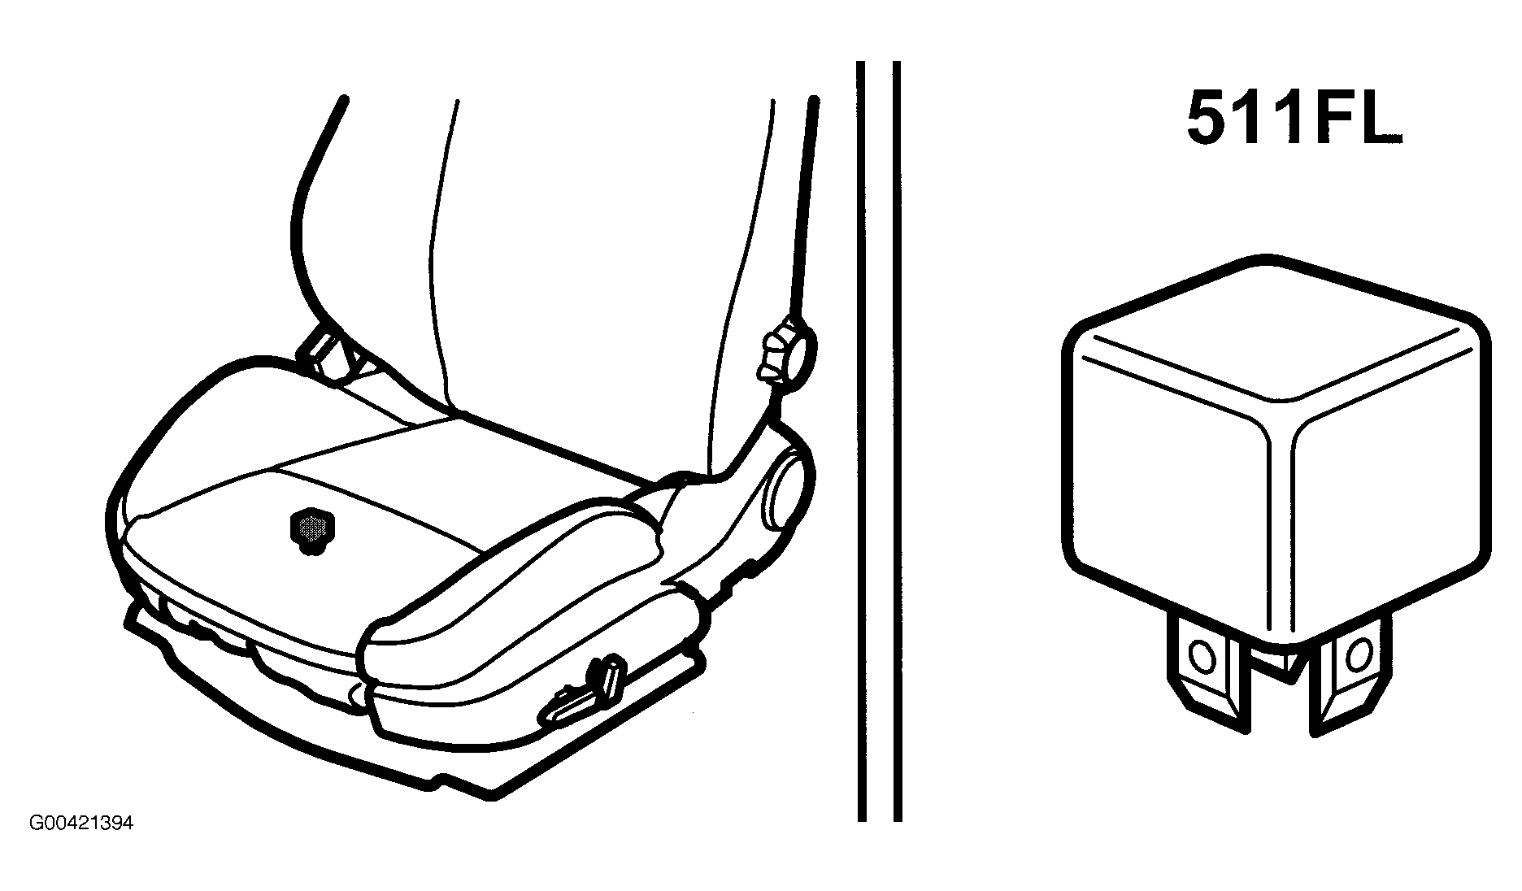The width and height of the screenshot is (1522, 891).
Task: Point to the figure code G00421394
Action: (81, 824)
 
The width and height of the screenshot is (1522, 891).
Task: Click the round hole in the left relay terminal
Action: (1201, 654)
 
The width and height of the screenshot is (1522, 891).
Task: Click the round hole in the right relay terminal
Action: (1358, 652)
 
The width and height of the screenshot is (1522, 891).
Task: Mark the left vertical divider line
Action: (861, 439)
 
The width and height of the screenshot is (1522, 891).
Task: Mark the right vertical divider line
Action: (897, 439)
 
